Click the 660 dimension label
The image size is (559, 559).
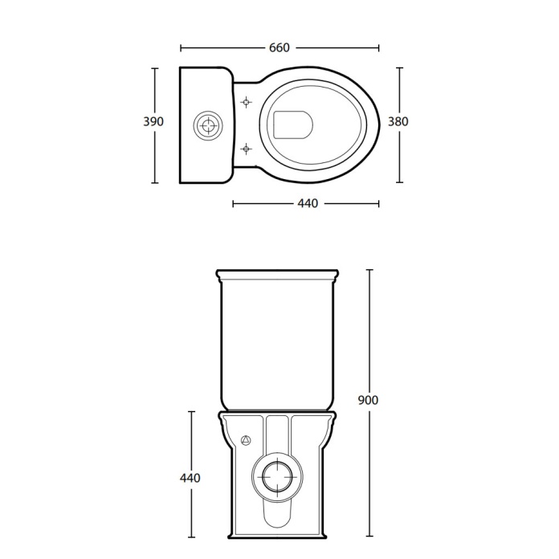279,47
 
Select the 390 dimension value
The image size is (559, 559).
153,122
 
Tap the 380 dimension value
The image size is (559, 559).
398,122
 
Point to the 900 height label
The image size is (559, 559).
369,399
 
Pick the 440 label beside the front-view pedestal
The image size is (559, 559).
190,478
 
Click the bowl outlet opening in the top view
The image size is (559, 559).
292,124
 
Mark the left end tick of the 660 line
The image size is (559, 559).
181,47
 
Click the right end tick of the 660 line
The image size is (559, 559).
379,47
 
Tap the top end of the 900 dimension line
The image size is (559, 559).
369,269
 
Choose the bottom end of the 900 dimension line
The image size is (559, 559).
369,536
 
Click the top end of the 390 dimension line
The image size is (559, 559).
153,67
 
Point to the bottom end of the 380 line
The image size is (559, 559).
398,182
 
